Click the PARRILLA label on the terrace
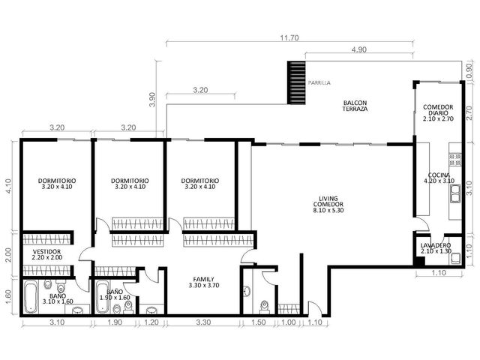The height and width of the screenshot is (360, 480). pyautogui.click(x=319, y=82)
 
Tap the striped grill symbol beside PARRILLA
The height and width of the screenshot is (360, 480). pyautogui.click(x=296, y=82)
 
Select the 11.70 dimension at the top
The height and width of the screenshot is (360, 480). pyautogui.click(x=289, y=38)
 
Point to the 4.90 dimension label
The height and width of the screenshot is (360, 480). pyautogui.click(x=358, y=49)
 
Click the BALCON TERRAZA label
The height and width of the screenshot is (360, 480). pyautogui.click(x=355, y=106)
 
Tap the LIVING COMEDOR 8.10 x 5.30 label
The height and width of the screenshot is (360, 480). pyautogui.click(x=328, y=204)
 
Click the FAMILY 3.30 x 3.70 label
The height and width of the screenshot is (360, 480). pyautogui.click(x=204, y=282)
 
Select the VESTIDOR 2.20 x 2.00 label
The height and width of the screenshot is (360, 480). pyautogui.click(x=46, y=255)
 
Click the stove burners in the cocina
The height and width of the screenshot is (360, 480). pyautogui.click(x=455, y=159)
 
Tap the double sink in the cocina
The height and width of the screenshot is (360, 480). pyautogui.click(x=455, y=193)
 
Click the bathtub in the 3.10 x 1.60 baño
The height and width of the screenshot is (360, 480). pyautogui.click(x=31, y=298)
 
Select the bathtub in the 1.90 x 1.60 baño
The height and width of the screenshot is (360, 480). pyautogui.click(x=102, y=298)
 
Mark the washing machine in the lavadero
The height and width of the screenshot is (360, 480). pyautogui.click(x=455, y=259)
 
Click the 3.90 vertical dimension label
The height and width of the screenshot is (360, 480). pyautogui.click(x=152, y=100)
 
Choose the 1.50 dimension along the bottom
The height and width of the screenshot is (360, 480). pyautogui.click(x=258, y=322)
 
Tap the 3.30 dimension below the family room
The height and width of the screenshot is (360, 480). pyautogui.click(x=203, y=322)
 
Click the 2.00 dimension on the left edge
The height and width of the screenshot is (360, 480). pyautogui.click(x=8, y=255)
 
